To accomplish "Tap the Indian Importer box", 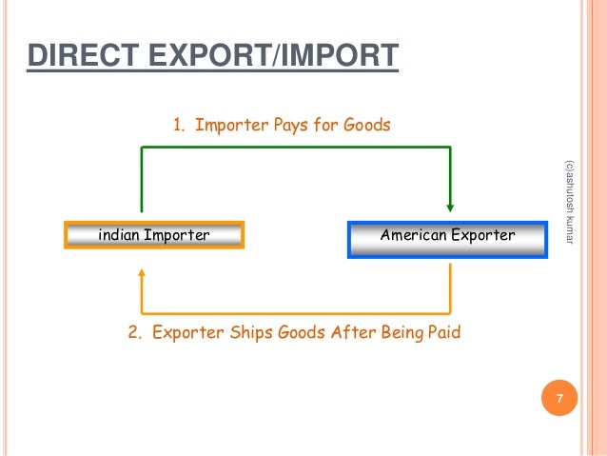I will point(154,234).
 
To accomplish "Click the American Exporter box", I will point(447,234).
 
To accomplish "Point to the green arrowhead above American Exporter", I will point(450,204).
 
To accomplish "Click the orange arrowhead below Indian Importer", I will point(142,273).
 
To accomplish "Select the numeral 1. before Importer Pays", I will point(178,125).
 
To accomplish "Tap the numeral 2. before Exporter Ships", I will point(134,333).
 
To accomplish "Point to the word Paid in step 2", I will point(441,333).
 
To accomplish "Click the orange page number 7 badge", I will point(559,398).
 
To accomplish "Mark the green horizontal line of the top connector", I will point(295,147).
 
